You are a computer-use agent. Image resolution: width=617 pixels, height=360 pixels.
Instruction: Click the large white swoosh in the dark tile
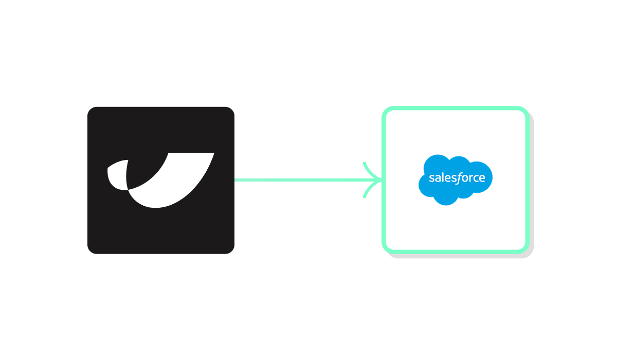(170, 185)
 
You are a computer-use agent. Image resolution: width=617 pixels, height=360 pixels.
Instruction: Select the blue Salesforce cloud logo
(456, 180)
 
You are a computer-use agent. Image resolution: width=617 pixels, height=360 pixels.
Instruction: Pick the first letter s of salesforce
(431, 179)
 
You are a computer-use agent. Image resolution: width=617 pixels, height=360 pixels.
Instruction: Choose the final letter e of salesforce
(482, 179)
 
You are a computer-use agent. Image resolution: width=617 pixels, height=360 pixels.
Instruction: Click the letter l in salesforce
(442, 178)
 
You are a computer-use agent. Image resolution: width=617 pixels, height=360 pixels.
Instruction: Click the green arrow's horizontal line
(303, 180)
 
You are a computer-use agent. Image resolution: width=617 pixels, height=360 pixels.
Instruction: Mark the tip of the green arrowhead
(382, 180)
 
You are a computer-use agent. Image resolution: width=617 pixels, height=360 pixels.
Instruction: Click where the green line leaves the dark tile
(235, 180)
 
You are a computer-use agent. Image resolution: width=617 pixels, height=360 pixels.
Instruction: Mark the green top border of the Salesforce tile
(456, 109)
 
